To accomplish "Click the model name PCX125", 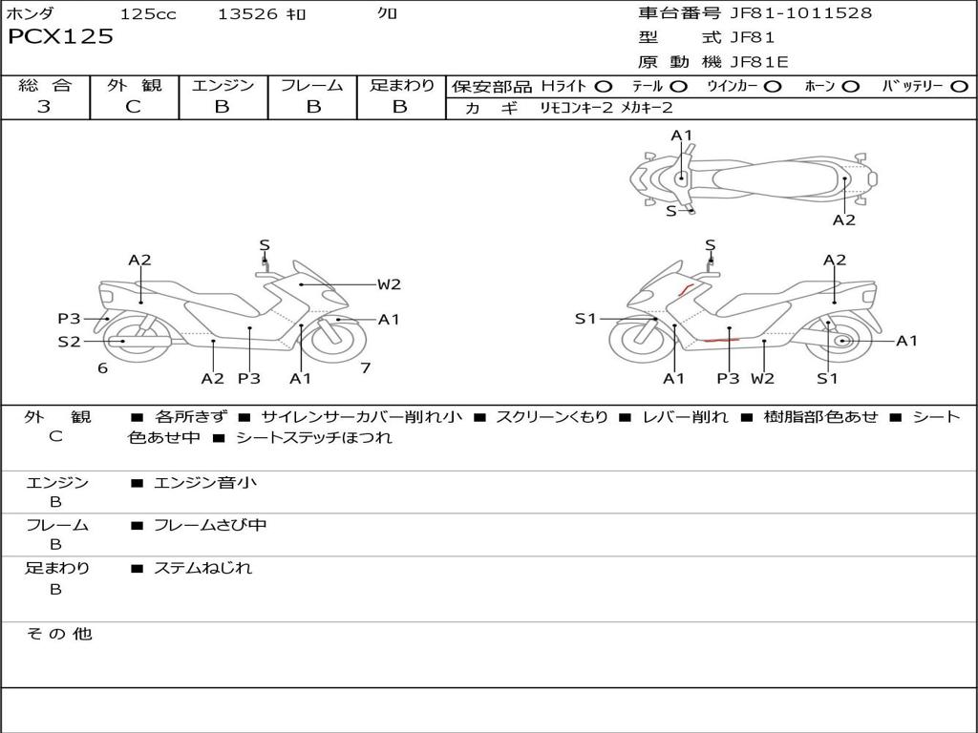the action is click(x=60, y=37).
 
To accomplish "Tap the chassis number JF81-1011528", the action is click(x=801, y=12).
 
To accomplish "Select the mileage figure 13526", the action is click(x=247, y=13).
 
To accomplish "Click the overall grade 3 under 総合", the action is click(x=44, y=106).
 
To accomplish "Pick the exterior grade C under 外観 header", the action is click(x=133, y=107).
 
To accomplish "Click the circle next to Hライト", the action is click(x=604, y=87).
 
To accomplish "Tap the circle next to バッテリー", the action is click(x=960, y=87).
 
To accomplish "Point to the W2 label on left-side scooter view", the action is click(x=389, y=284).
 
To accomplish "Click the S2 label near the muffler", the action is click(x=69, y=342).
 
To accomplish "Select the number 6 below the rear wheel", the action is click(x=102, y=368).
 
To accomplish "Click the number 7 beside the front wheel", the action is click(x=366, y=367).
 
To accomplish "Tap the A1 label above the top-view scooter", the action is click(x=682, y=136).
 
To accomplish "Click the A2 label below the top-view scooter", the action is click(x=844, y=220).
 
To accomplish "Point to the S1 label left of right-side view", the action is click(x=585, y=319).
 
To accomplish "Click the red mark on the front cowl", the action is click(x=686, y=289).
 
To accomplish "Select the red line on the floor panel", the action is click(x=721, y=341).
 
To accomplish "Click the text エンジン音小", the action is click(x=205, y=482).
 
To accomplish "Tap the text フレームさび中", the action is click(x=210, y=525).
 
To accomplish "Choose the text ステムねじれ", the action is click(x=202, y=568).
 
